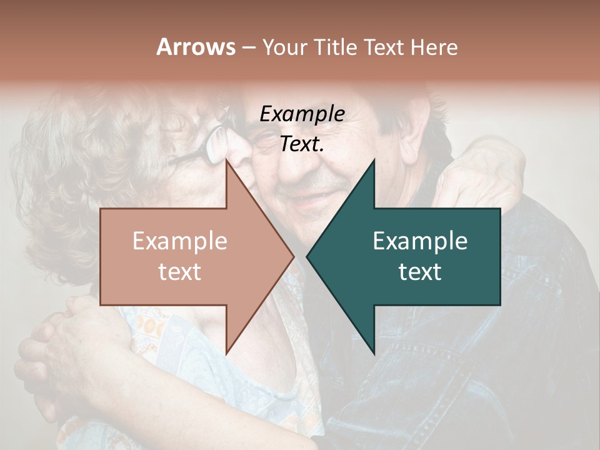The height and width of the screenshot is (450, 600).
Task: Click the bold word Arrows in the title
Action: coord(196,47)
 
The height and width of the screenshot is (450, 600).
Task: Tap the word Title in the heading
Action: coord(336,47)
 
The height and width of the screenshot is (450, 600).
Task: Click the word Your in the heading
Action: coord(285,48)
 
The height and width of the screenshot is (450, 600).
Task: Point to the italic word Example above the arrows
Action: coord(302,114)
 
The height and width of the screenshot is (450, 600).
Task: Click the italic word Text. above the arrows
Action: coord(302,144)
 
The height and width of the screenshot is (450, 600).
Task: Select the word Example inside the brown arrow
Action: coord(179,241)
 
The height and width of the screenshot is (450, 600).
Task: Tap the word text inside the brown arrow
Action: coord(179,272)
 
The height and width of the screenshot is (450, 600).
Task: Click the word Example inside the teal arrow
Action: coord(420,241)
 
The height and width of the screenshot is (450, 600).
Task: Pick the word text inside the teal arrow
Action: coord(420,272)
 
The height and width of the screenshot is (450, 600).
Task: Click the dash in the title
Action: coord(249,48)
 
